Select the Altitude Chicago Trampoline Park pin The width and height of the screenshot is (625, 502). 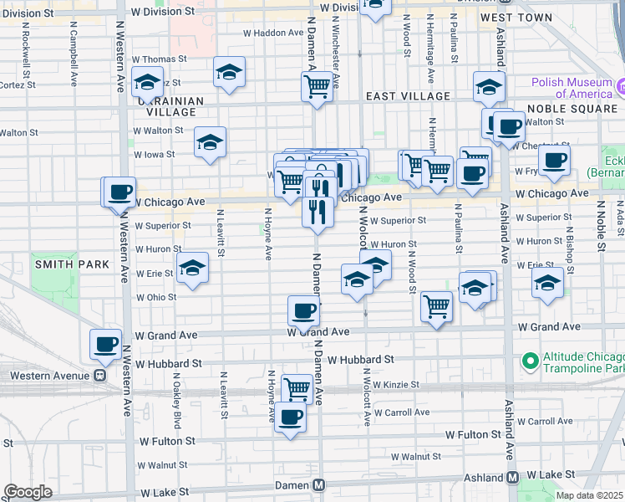pyautogui.click(x=528, y=361)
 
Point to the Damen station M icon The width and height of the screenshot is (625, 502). pyautogui.click(x=318, y=485)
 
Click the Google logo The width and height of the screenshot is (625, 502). pyautogui.click(x=28, y=491)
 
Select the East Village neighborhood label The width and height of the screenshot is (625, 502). pyautogui.click(x=409, y=97)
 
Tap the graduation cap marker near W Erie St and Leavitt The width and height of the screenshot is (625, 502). pyautogui.click(x=193, y=269)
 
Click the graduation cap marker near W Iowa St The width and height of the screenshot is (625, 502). pyautogui.click(x=210, y=141)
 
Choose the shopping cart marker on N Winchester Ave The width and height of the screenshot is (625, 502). pyautogui.click(x=317, y=85)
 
